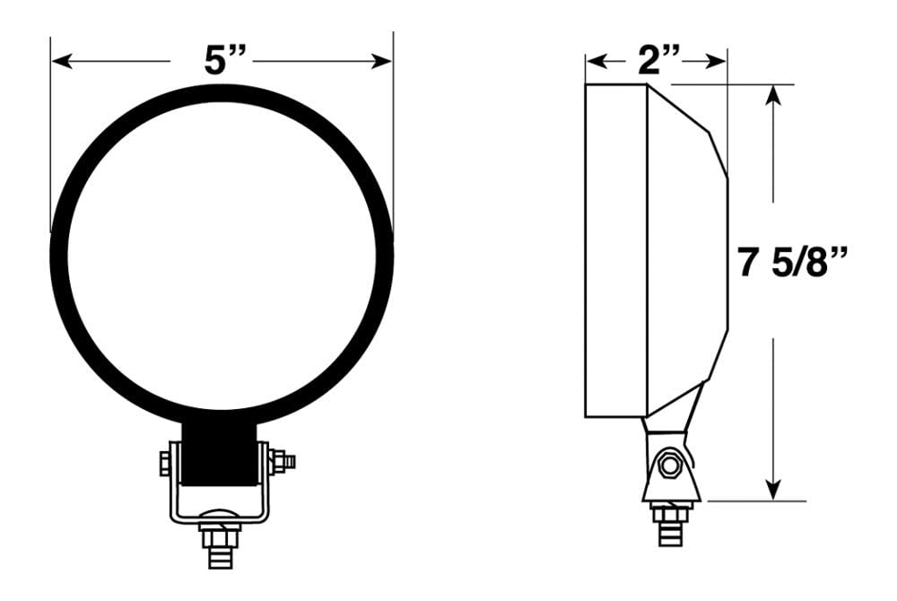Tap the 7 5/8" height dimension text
click(792, 262)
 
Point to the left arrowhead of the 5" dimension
click(62, 61)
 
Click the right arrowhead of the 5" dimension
click(381, 61)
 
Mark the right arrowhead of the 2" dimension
click(716, 61)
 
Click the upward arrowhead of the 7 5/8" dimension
click(773, 95)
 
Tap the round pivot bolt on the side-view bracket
click(668, 467)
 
